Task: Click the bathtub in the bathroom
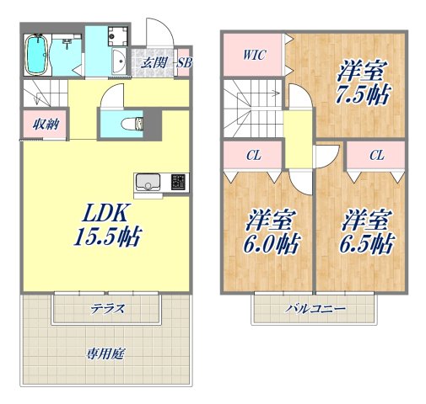coord(36,55)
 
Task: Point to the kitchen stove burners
coord(179,182)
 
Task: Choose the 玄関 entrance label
coord(153,62)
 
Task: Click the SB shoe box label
coord(183,62)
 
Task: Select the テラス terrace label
coord(109,309)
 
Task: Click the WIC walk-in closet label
coord(255,56)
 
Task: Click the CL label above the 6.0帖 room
coord(253,155)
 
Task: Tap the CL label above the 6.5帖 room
coord(376,155)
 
